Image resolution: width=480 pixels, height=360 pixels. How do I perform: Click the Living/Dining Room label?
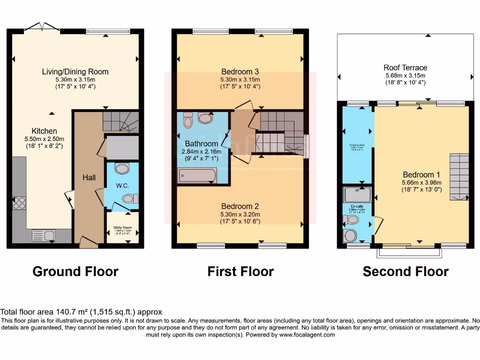(75, 72)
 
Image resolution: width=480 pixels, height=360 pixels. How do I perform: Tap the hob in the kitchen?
(19, 202)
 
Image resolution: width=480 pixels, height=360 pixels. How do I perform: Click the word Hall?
(89, 178)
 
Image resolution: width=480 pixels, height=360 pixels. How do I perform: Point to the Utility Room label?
(122, 228)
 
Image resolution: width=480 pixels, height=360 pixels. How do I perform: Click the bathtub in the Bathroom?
(197, 176)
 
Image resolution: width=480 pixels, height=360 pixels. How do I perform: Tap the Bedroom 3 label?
(240, 72)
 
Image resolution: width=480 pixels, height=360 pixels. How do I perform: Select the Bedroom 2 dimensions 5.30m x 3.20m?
(240, 214)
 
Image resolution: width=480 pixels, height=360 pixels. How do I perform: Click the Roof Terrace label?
(405, 67)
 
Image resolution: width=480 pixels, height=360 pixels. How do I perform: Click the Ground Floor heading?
(75, 271)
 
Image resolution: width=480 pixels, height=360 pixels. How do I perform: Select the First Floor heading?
(240, 271)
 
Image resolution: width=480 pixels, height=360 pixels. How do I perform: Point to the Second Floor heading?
(405, 271)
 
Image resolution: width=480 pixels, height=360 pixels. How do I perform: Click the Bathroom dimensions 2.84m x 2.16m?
(201, 151)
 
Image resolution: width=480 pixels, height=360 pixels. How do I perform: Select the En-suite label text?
(357, 206)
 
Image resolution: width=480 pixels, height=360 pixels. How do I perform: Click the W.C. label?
(122, 185)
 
